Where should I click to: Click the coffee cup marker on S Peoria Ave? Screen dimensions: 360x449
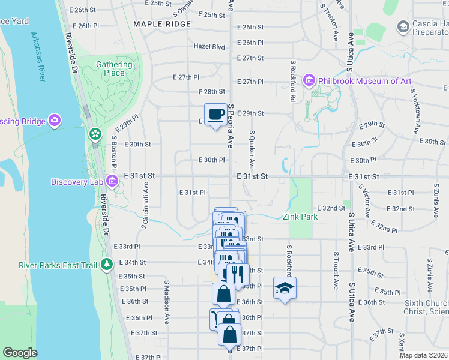(x=215, y=114)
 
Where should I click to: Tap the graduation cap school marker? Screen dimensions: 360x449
(x=285, y=288)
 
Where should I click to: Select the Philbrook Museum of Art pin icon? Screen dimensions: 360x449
(x=309, y=80)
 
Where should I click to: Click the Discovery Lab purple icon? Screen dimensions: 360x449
(x=112, y=181)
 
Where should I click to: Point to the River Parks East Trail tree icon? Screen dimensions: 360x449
(x=107, y=264)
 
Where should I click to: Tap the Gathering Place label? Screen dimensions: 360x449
(x=114, y=69)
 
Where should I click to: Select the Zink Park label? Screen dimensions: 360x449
(x=300, y=217)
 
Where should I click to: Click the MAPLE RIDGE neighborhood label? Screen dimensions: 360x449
(x=162, y=24)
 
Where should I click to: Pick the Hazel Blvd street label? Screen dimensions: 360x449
(x=209, y=46)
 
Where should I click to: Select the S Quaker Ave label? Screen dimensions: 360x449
(x=252, y=149)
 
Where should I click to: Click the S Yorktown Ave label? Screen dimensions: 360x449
(x=414, y=112)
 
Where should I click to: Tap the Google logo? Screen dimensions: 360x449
(x=20, y=353)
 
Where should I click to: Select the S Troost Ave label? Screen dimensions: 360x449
(x=336, y=270)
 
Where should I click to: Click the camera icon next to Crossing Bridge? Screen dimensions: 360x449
(x=55, y=121)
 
